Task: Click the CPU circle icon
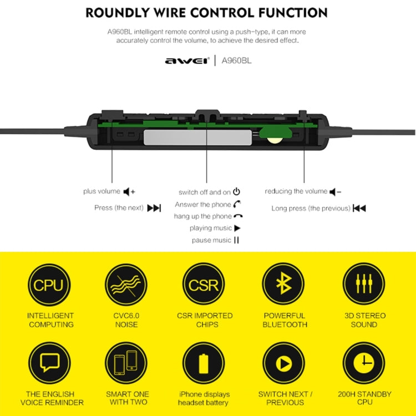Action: click(x=49, y=285)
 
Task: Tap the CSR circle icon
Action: click(x=204, y=285)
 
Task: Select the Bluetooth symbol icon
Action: click(x=283, y=285)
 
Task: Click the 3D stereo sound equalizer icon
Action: click(x=364, y=285)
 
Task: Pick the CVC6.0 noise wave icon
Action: click(x=126, y=285)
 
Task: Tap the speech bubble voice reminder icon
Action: click(x=49, y=363)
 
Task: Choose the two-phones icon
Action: click(x=126, y=363)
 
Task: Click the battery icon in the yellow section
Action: click(x=204, y=363)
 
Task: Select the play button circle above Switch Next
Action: click(x=283, y=363)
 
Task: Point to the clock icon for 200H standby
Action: click(x=364, y=363)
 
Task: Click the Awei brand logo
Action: click(x=186, y=61)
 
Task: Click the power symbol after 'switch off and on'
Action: click(x=236, y=192)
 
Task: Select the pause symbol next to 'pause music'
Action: click(x=236, y=240)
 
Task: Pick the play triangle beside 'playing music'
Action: click(x=237, y=228)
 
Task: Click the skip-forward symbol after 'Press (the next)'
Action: click(x=154, y=208)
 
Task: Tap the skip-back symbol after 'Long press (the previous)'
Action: click(x=359, y=209)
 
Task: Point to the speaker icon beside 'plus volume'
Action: click(x=129, y=192)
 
